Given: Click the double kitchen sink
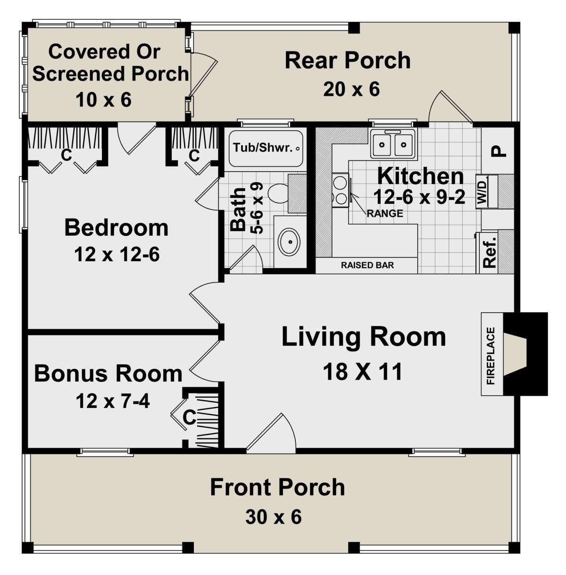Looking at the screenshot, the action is (x=392, y=144).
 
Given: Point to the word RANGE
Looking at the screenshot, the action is (x=385, y=213).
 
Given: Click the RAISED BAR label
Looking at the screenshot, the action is (x=367, y=265).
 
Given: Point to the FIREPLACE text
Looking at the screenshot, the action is (x=491, y=356).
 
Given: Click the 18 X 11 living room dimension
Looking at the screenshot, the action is (x=363, y=372).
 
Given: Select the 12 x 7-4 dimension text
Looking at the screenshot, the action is (x=113, y=401).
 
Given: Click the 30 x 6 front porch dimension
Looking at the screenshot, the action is (x=274, y=517).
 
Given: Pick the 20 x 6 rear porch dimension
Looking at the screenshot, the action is (x=351, y=89).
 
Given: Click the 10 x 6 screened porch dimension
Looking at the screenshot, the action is (x=104, y=100).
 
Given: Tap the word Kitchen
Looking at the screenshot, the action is (x=420, y=176).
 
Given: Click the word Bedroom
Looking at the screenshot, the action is (x=117, y=228).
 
